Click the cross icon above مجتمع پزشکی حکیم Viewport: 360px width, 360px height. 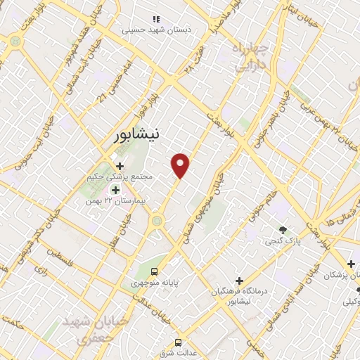pyautogui.click(x=119, y=165)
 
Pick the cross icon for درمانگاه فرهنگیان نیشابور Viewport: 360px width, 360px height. pyautogui.click(x=239, y=280)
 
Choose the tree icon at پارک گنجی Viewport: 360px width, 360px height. pyautogui.click(x=283, y=230)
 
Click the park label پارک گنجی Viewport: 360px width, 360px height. pyautogui.click(x=283, y=242)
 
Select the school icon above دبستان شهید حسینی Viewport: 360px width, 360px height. pyautogui.click(x=157, y=18)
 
